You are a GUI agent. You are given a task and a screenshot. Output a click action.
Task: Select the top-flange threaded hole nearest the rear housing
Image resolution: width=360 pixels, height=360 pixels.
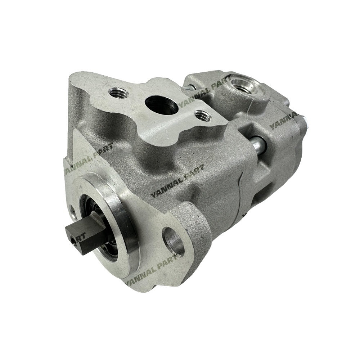click(199, 116)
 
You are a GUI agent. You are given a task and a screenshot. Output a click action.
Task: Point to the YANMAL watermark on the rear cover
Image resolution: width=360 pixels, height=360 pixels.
click(284, 121)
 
